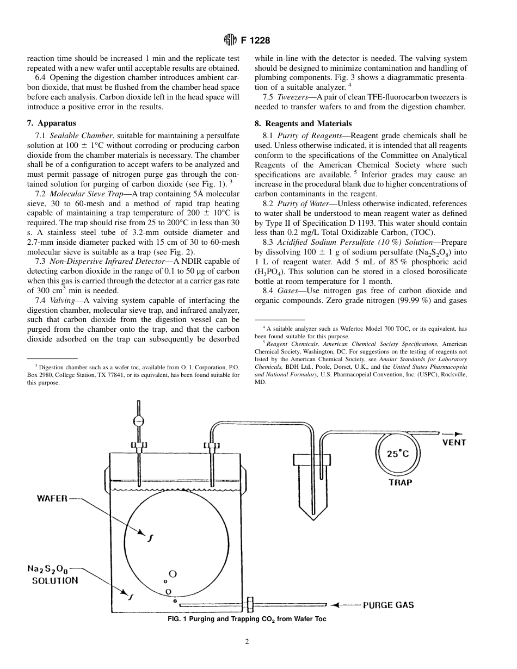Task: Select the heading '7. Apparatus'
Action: [x=52, y=123]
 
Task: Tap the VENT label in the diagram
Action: [x=453, y=442]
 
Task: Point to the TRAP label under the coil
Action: [x=400, y=482]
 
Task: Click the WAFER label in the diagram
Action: [x=52, y=498]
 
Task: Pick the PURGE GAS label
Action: [x=389, y=605]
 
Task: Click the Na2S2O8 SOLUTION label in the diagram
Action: [x=52, y=574]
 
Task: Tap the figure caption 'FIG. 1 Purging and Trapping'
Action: [x=247, y=619]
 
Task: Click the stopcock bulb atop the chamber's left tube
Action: [x=139, y=420]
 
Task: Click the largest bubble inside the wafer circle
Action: [x=173, y=573]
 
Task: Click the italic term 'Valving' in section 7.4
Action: [x=63, y=300]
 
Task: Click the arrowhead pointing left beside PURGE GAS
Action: [x=335, y=605]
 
